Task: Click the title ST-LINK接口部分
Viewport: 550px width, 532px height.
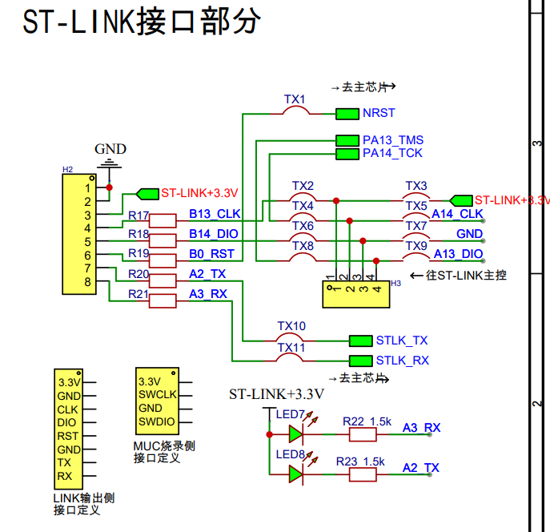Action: click(142, 22)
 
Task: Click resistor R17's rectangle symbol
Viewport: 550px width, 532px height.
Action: click(163, 220)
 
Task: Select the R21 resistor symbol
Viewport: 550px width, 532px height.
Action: click(163, 300)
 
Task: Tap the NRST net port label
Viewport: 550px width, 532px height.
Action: click(379, 113)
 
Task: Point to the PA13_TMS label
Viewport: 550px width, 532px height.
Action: click(392, 140)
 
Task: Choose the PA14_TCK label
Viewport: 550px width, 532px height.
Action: click(392, 152)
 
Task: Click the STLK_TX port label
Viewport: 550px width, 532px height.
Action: click(402, 340)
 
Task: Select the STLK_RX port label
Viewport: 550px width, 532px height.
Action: click(402, 360)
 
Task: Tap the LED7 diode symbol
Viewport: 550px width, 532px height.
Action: click(296, 433)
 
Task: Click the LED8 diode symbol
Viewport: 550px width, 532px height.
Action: click(296, 474)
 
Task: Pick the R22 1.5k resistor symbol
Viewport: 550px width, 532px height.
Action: click(362, 434)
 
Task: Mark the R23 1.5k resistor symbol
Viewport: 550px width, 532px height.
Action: click(362, 474)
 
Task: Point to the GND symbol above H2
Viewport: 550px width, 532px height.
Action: click(110, 163)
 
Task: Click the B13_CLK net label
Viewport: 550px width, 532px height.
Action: click(214, 214)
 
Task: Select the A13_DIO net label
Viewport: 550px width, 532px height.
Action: click(458, 254)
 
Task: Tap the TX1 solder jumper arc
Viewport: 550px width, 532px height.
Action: click(296, 111)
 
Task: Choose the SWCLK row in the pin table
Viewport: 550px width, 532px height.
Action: click(156, 395)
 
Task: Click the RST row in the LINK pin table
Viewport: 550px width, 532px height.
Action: click(68, 436)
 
